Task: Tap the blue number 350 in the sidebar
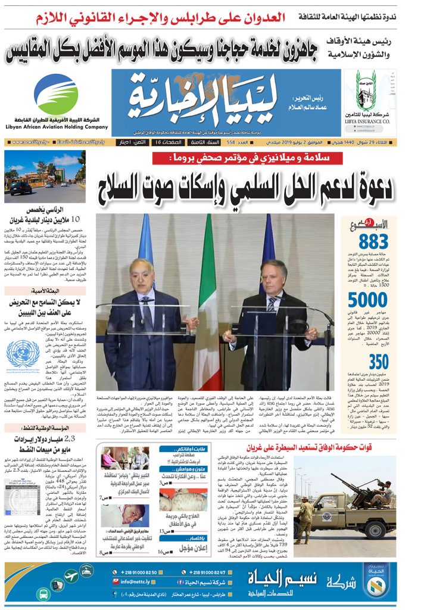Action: (x=379, y=362)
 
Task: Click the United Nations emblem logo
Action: (x=23, y=353)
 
